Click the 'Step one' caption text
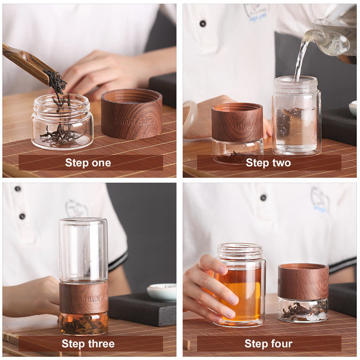click(x=88, y=163)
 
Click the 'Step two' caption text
click(x=268, y=163)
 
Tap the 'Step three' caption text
click(x=88, y=344)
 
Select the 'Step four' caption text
click(x=268, y=344)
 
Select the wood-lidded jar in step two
click(x=237, y=133)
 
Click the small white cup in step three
click(x=162, y=292)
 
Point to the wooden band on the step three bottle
click(x=84, y=297)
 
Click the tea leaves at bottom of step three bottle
click(x=84, y=324)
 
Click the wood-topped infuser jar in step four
click(x=303, y=292)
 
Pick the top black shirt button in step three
click(x=18, y=189)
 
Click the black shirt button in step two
click(x=202, y=23)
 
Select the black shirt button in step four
click(x=263, y=197)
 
